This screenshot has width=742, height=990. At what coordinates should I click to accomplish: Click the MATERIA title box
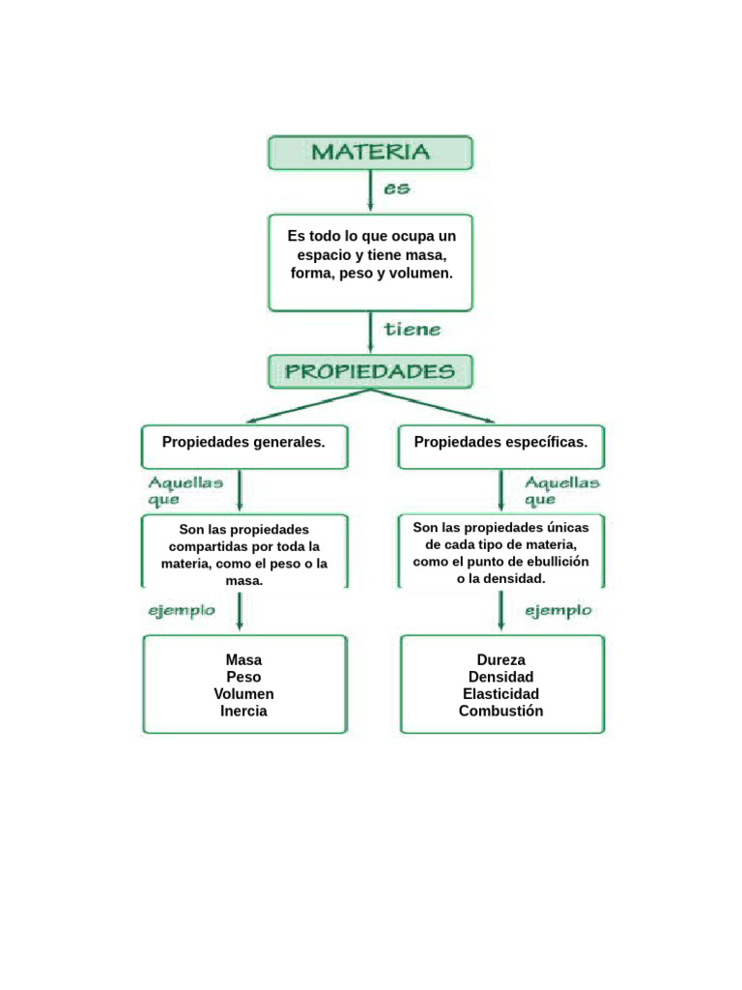(x=370, y=153)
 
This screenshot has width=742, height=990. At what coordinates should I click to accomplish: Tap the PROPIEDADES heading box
(x=370, y=371)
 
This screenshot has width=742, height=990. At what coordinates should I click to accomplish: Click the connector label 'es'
(x=396, y=189)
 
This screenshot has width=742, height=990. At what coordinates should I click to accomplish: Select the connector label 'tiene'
(x=413, y=330)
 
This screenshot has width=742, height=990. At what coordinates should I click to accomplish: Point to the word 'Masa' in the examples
(x=243, y=660)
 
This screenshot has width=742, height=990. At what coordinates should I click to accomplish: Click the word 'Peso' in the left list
(x=243, y=677)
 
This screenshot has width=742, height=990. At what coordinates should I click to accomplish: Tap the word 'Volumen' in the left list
(x=243, y=694)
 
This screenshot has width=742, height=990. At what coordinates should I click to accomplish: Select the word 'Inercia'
(x=243, y=711)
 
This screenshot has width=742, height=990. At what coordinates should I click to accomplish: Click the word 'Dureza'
(x=500, y=660)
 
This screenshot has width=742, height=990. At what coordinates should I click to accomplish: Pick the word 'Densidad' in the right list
(x=500, y=677)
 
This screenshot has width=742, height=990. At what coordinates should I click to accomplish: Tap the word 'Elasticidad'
(x=500, y=694)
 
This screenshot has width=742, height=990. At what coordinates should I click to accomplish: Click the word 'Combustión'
(x=500, y=711)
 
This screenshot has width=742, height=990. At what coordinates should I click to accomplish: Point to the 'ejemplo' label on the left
(x=181, y=611)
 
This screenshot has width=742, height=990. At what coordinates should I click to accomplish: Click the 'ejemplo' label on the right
(x=558, y=611)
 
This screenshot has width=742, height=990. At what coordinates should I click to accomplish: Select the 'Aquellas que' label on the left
(x=185, y=490)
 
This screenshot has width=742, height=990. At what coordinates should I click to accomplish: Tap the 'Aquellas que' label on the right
(x=561, y=490)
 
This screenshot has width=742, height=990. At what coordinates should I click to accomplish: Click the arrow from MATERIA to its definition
(x=370, y=191)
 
